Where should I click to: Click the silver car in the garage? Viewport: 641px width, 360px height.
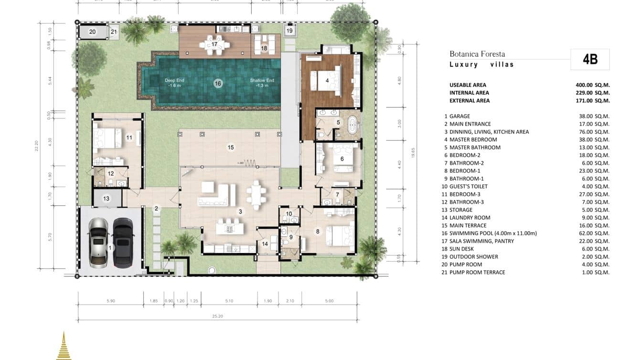[x=99, y=242]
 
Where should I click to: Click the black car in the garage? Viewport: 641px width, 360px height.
[x=123, y=242]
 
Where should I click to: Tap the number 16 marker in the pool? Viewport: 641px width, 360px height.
[x=218, y=84]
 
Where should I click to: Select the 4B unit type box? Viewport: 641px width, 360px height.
[x=590, y=60]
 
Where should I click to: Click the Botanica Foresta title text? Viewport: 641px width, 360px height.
[x=477, y=54]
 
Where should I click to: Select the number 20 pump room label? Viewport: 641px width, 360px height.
[x=93, y=32]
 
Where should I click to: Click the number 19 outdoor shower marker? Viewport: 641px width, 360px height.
[x=289, y=31]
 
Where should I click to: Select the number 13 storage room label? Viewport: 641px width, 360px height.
[x=106, y=199]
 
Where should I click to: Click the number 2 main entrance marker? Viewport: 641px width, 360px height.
[x=156, y=208]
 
